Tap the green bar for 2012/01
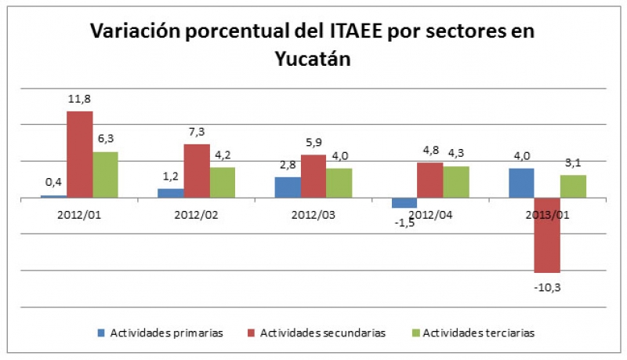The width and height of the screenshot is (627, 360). [105, 174]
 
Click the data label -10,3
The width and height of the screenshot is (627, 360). [547, 288]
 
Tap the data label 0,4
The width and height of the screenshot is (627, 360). [53, 182]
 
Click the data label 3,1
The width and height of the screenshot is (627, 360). [573, 163]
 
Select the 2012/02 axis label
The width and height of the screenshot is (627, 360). [196, 213]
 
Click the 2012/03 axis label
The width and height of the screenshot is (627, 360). [313, 213]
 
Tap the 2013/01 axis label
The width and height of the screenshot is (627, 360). [547, 213]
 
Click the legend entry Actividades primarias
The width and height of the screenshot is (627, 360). [161, 333]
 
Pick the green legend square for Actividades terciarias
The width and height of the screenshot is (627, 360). [415, 333]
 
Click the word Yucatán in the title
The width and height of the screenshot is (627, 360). [313, 60]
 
